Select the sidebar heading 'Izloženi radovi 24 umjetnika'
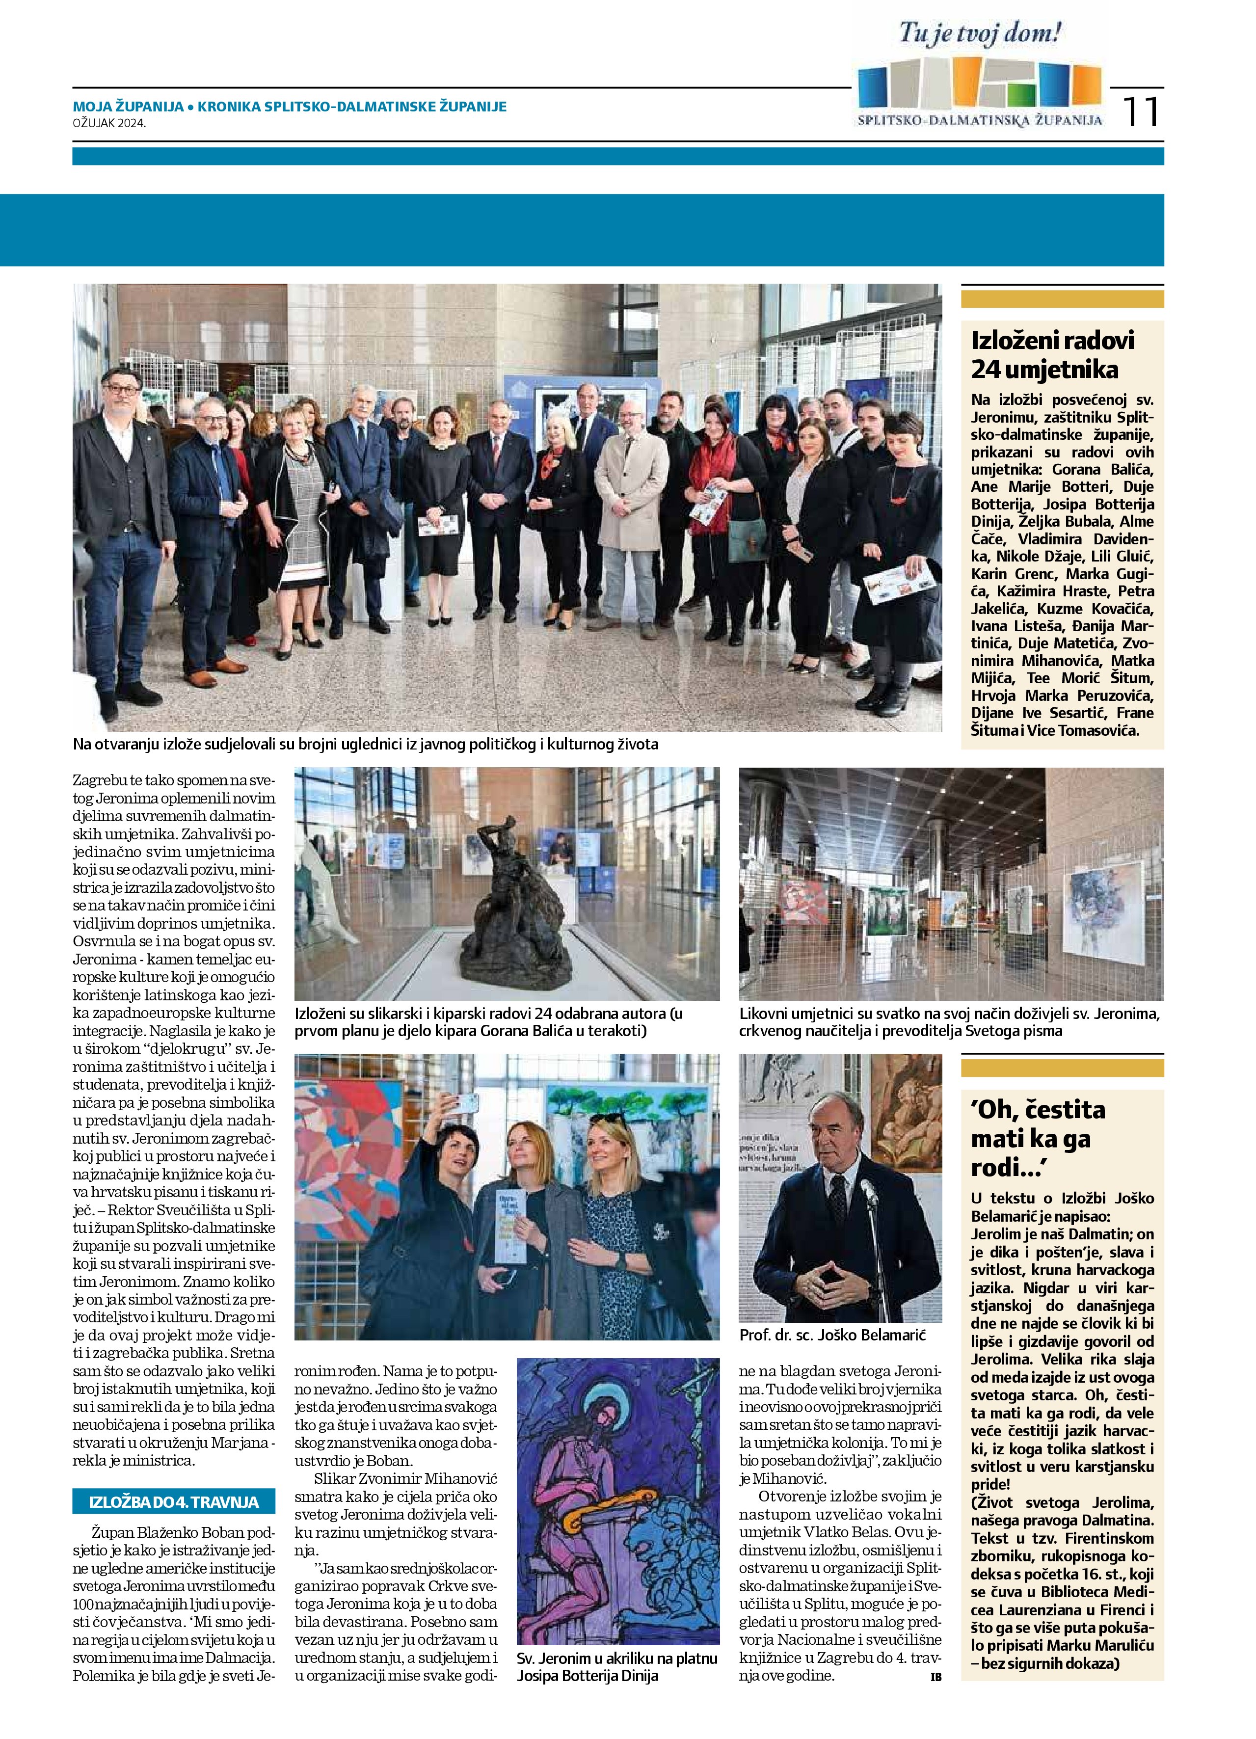point(1052,355)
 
